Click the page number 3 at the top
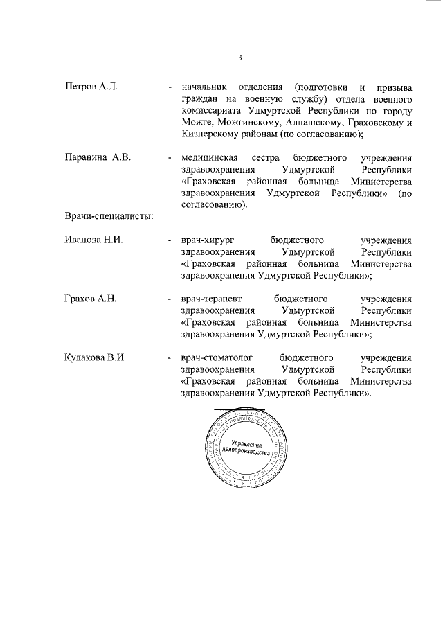point(239,58)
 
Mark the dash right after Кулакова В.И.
point(170,358)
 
